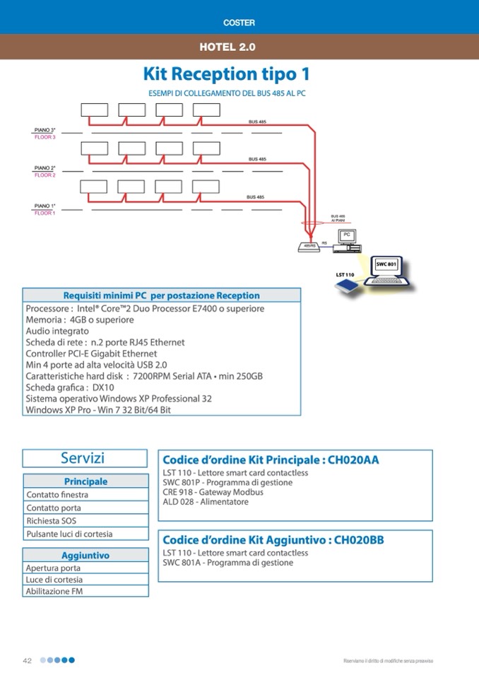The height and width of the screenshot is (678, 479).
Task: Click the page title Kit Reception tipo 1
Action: click(226, 74)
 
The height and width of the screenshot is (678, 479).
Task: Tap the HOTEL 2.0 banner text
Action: click(227, 47)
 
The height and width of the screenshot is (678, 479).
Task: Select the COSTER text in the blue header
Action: click(239, 23)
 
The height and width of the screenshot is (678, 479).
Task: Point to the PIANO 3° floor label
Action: click(45, 130)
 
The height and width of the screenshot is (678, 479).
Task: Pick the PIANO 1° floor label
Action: click(45, 206)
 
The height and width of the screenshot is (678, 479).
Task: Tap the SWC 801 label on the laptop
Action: click(386, 264)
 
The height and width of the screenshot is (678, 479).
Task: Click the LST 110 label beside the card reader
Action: click(345, 274)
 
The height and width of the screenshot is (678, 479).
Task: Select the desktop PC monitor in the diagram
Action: click(347, 235)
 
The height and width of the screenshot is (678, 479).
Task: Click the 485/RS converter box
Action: click(309, 246)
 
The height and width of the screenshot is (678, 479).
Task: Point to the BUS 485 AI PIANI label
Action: click(338, 218)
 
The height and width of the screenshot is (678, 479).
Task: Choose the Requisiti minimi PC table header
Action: click(162, 296)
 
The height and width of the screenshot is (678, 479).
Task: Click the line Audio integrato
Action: click(57, 331)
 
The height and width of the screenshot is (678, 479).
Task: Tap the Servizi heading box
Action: click(85, 458)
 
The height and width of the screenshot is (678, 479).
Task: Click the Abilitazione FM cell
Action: click(54, 592)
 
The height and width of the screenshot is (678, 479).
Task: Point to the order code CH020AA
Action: click(354, 460)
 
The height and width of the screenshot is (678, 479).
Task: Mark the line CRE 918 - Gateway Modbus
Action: click(213, 492)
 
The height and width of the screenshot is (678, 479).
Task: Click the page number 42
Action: click(28, 660)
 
